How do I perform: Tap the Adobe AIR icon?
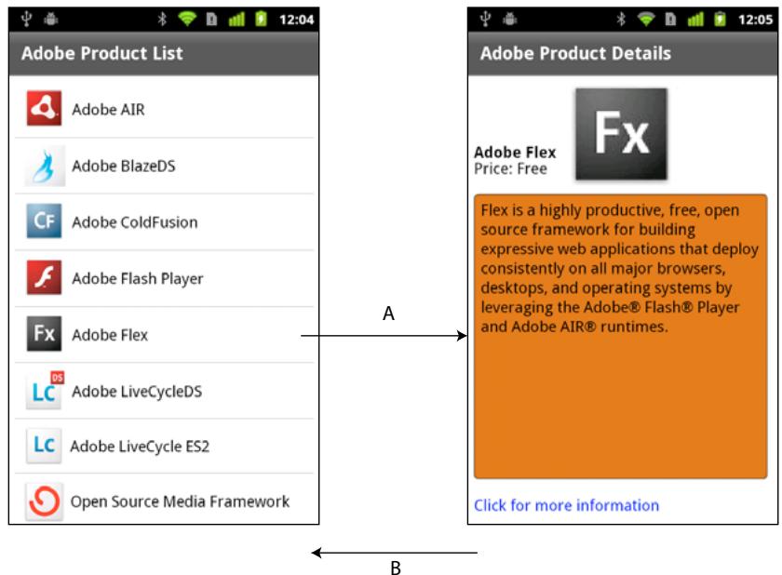click(44, 110)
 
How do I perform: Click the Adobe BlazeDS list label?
click(123, 167)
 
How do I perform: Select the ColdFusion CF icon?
click(44, 222)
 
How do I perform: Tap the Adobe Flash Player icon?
click(44, 278)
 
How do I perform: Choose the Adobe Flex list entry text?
click(109, 335)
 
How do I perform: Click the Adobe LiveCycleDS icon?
click(44, 391)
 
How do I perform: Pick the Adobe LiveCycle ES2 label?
click(140, 447)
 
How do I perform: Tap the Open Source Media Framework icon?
click(44, 501)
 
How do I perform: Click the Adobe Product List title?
click(101, 53)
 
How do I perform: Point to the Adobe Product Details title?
click(575, 53)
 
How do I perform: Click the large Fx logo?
click(621, 134)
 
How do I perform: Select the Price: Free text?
click(510, 169)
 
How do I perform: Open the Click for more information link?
click(566, 505)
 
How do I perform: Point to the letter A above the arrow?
click(389, 315)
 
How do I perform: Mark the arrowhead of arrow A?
click(463, 335)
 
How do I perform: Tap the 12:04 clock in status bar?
click(297, 20)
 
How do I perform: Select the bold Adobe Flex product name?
click(515, 153)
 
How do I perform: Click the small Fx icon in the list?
click(44, 335)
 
